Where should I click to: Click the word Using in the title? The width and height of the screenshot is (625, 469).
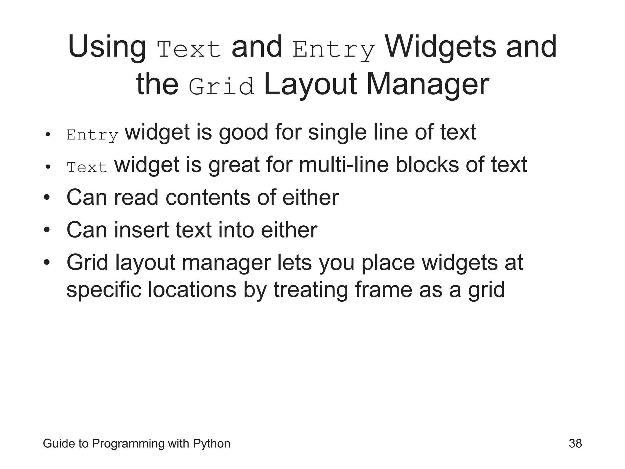tap(107, 47)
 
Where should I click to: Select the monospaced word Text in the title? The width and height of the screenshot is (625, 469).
tap(189, 50)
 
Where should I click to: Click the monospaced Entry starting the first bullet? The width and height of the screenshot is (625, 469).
tap(92, 135)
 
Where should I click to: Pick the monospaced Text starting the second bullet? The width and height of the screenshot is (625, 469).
tap(87, 167)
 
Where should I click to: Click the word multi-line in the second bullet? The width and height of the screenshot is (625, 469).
tap(344, 165)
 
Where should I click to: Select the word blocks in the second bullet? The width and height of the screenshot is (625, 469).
tap(427, 165)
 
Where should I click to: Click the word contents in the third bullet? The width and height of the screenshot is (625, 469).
tap(208, 198)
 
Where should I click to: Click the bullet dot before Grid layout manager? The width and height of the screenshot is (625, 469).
tap(46, 263)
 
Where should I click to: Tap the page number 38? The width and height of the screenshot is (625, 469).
tap(575, 443)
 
